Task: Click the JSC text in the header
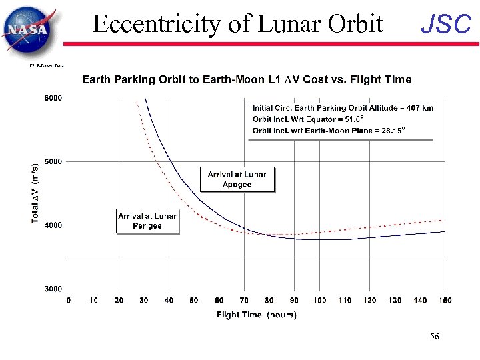pos(446,25)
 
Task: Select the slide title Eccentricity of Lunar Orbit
pos(238,24)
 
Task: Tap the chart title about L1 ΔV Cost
pos(247,79)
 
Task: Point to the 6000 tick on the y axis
pos(53,98)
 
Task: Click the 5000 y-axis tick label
pos(53,161)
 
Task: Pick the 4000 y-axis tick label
pos(53,225)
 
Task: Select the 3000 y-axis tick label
pos(53,289)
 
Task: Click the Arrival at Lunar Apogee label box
pos(237,179)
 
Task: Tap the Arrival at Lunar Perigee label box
pos(147,221)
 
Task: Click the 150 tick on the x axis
pos(444,301)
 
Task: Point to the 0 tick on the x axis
pos(69,301)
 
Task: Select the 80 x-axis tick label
pos(269,301)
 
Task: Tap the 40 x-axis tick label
pos(169,301)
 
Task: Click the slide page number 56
pos(435,337)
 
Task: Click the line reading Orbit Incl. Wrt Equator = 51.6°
pos(307,119)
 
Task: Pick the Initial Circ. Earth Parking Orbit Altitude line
pos(342,108)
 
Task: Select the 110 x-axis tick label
pos(344,301)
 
